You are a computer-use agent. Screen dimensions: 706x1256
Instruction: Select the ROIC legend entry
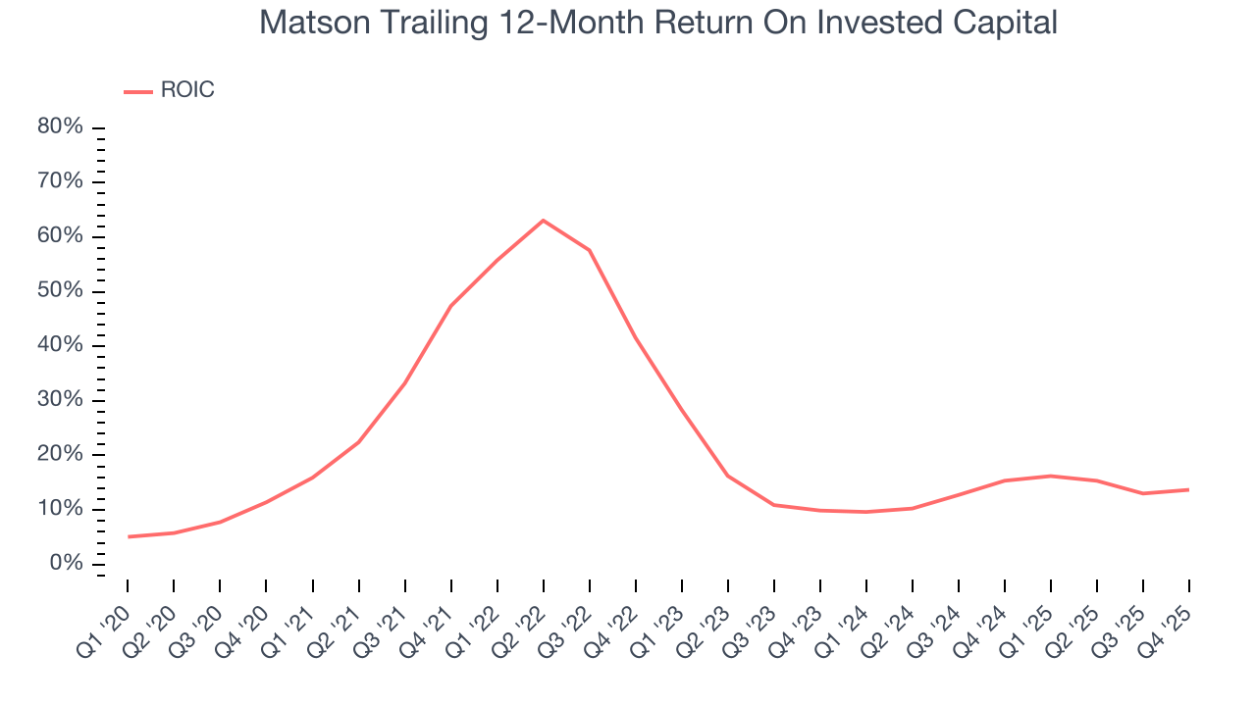point(169,90)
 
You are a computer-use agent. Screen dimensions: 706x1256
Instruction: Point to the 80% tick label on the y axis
point(60,127)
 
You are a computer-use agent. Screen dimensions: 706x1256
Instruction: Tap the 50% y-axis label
point(60,291)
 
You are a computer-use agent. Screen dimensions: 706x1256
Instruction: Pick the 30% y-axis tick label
point(60,400)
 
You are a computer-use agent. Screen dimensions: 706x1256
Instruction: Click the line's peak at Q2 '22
point(543,220)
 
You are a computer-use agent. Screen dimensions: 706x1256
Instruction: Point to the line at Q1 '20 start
point(128,536)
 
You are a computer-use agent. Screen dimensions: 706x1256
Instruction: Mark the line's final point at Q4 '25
point(1189,489)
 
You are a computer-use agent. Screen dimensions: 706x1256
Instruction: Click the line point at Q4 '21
point(450,306)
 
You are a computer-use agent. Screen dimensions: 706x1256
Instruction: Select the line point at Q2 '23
point(727,476)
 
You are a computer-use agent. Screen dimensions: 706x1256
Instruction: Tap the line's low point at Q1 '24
point(866,512)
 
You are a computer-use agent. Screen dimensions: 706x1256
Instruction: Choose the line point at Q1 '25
point(1051,476)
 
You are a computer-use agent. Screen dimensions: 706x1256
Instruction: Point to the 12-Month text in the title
point(570,23)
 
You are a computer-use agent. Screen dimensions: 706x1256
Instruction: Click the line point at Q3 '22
point(589,250)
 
